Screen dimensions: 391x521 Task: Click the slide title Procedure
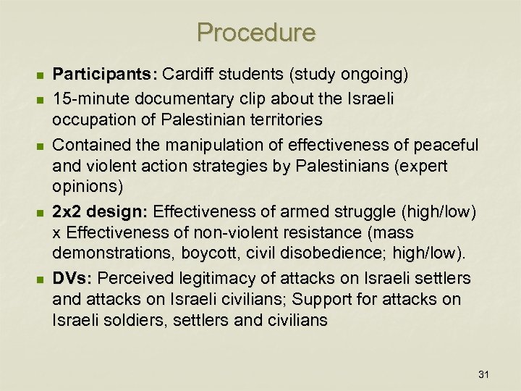tap(256, 33)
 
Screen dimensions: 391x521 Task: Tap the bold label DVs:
tap(72, 278)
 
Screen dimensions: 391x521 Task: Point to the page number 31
tap(484, 374)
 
